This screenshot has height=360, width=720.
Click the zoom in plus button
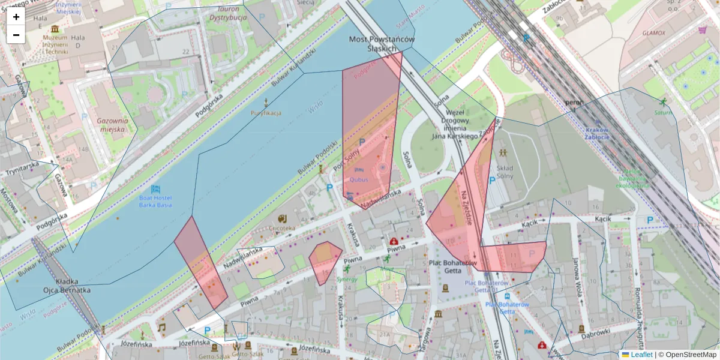16,17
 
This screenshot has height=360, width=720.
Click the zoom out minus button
16,35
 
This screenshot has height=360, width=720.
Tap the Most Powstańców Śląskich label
382,44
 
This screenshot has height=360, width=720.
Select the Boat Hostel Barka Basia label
155,201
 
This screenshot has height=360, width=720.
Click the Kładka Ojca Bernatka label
67,286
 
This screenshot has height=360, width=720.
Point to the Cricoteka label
283,229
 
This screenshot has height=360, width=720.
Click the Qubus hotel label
359,179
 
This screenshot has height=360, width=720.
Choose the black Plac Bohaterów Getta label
453,267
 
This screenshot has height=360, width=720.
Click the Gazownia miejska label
113,125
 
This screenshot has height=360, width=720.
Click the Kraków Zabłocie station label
596,133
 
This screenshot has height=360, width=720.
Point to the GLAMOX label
653,33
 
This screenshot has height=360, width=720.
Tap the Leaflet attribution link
641,355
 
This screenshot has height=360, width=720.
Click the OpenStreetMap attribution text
690,355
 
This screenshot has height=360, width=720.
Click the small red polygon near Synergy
325,259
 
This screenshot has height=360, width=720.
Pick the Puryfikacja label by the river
266,113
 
